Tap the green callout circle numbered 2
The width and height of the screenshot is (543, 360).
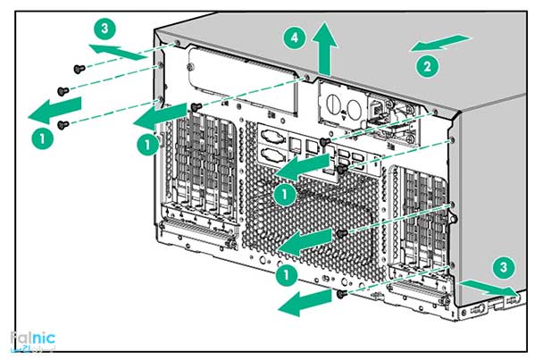point(427,64)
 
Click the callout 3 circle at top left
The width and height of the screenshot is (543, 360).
point(105,28)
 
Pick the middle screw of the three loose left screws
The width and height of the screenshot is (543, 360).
point(61,90)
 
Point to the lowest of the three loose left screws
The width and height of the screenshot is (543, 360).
point(62,125)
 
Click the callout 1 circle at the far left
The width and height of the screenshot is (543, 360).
point(38,137)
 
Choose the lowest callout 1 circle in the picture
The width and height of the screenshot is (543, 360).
point(288,275)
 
